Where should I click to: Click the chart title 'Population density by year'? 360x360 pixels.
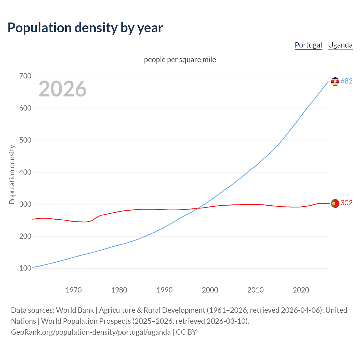point(85,28)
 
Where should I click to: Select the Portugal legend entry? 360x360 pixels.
point(308,45)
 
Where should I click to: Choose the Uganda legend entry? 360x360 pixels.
point(340,45)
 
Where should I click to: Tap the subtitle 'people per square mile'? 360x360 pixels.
point(180,60)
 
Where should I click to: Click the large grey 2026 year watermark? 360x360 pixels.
point(62,89)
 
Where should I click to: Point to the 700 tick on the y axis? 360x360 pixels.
point(25,76)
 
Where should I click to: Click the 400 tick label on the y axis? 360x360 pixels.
point(25,172)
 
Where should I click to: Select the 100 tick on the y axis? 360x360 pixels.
point(25,268)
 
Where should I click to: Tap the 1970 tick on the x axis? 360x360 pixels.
point(74,290)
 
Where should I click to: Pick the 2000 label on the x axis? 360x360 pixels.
point(210,290)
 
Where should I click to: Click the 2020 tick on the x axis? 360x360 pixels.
point(301,290)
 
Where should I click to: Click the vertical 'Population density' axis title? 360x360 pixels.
point(12,174)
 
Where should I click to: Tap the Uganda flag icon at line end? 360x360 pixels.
point(335,82)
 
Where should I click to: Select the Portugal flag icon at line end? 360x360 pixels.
point(335,203)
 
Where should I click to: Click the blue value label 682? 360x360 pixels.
point(346,81)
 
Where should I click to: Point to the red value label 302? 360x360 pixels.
point(346,203)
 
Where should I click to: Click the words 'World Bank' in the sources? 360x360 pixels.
point(75,310)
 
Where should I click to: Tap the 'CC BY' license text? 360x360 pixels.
point(186,332)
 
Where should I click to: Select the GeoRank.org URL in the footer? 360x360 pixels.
point(91,332)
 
